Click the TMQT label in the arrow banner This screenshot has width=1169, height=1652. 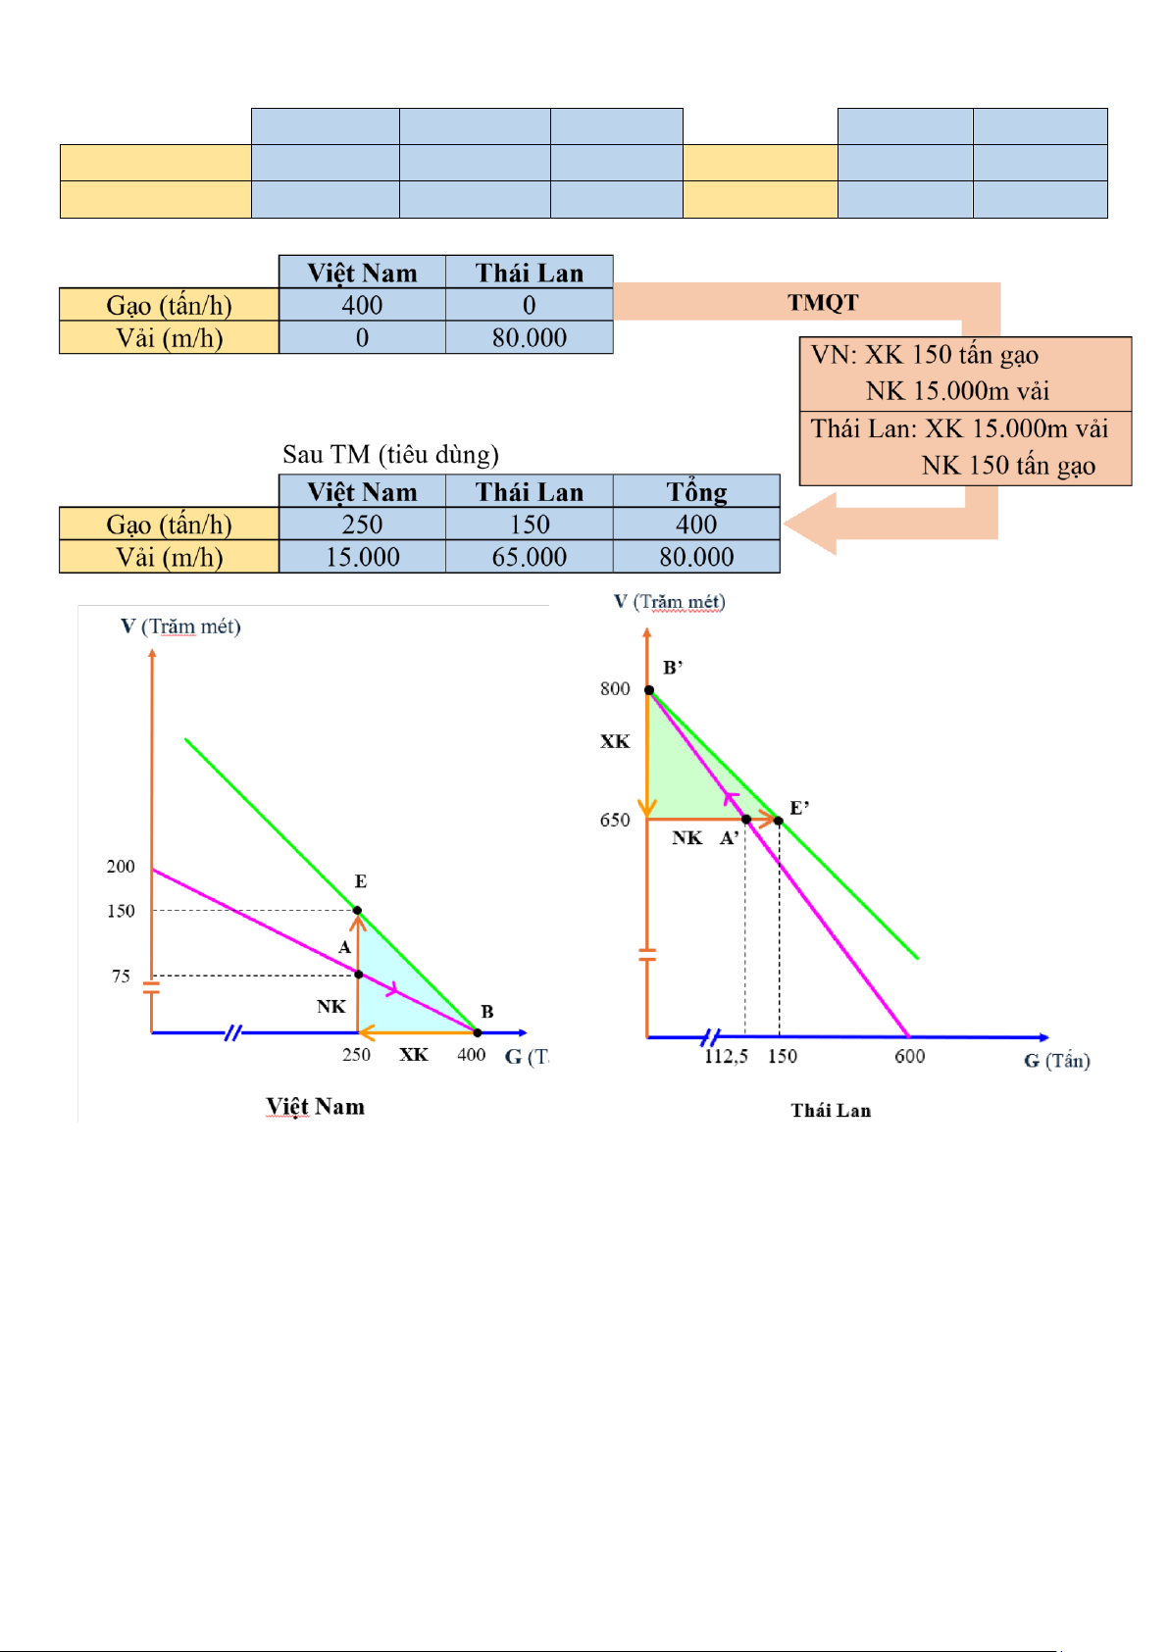pyautogui.click(x=823, y=302)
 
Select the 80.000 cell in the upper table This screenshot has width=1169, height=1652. pyautogui.click(x=530, y=337)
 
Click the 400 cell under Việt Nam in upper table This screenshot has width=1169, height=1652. pyautogui.click(x=362, y=305)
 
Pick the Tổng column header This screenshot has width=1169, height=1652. pyautogui.click(x=696, y=491)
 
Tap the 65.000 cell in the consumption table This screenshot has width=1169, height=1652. pyautogui.click(x=530, y=557)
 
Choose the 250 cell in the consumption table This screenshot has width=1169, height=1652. pyautogui.click(x=362, y=525)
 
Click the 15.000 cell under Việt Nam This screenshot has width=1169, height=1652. pyautogui.click(x=362, y=557)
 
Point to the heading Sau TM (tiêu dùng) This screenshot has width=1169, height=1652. pyautogui.click(x=390, y=454)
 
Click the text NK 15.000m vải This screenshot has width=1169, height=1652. pyautogui.click(x=957, y=391)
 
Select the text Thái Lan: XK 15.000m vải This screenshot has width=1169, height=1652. pyautogui.click(x=959, y=428)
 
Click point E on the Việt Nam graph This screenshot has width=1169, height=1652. pyautogui.click(x=357, y=911)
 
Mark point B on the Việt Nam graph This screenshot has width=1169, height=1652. pyautogui.click(x=478, y=1032)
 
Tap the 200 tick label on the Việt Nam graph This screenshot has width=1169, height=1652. pyautogui.click(x=121, y=867)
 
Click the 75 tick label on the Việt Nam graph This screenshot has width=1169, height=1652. pyautogui.click(x=121, y=976)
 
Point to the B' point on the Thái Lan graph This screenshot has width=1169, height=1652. pyautogui.click(x=649, y=690)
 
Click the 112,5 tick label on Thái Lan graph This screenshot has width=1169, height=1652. pyautogui.click(x=726, y=1056)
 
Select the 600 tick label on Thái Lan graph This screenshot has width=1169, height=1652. pyautogui.click(x=909, y=1056)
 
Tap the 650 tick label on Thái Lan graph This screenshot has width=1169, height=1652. pyautogui.click(x=615, y=820)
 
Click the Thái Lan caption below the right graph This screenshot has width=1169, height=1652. pyautogui.click(x=831, y=1110)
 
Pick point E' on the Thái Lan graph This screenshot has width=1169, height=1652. pyautogui.click(x=779, y=820)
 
